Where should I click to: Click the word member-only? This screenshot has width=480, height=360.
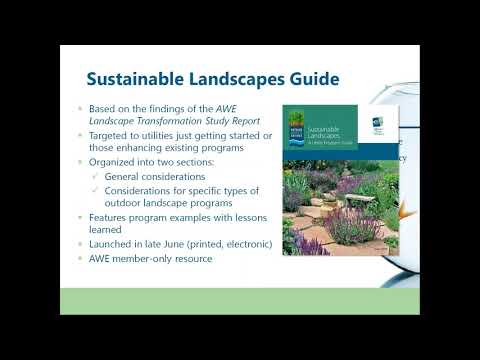(x=150, y=258)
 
